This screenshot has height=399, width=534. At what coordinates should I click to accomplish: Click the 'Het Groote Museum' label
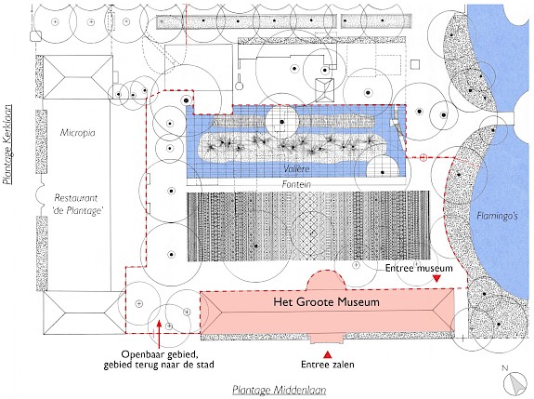pos(326,301)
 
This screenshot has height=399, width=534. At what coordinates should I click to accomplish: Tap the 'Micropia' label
pos(78,133)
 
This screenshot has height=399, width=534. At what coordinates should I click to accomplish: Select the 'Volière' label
pos(296,168)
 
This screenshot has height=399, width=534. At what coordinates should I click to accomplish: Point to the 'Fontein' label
pos(296,184)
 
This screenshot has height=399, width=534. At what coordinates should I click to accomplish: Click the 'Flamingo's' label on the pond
pos(497,216)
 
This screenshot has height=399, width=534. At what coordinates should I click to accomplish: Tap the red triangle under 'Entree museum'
pos(436,279)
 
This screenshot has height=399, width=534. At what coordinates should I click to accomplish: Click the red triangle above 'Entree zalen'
pos(327,354)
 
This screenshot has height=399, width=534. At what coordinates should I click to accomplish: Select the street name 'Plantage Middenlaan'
pos(280,390)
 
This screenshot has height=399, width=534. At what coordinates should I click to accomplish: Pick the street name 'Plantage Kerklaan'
pos(7,144)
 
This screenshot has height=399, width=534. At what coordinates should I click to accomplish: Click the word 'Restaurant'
pos(75,198)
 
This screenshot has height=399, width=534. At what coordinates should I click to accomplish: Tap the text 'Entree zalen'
pos(328,365)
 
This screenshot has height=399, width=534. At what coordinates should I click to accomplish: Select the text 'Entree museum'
pos(419,269)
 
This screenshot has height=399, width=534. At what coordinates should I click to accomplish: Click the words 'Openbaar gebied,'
pos(160,354)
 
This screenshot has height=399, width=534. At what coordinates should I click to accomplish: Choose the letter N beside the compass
pos(504,368)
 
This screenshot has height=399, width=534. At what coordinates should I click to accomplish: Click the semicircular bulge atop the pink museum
pos(327,280)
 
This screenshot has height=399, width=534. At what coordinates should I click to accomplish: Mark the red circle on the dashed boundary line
pos(423,157)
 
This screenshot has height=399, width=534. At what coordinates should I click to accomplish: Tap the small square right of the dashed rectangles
pos(415,64)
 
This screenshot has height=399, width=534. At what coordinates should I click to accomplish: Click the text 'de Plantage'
pos(78,211)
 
